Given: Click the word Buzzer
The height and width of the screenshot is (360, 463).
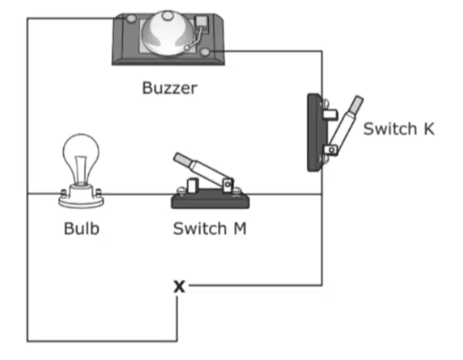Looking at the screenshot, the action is (x=169, y=88).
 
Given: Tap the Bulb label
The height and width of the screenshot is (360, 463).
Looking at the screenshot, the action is (x=81, y=228).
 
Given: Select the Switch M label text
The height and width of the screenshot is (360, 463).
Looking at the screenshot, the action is (x=209, y=228).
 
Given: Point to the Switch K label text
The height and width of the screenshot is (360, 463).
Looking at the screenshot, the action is (x=399, y=129).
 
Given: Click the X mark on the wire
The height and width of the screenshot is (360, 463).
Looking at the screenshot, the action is (x=179, y=286).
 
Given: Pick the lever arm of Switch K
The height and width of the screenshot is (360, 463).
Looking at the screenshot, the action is (x=345, y=124).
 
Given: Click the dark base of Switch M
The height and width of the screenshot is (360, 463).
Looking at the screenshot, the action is (x=210, y=201).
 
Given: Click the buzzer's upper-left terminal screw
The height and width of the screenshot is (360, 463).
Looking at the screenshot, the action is (x=131, y=19).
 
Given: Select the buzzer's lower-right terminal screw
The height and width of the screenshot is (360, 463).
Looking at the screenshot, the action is (x=205, y=52).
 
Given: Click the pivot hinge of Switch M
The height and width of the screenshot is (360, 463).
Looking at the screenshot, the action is (x=227, y=185).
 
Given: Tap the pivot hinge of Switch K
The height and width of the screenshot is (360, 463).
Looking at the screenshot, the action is (x=331, y=150).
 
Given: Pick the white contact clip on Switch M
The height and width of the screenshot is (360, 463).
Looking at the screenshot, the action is (x=192, y=186).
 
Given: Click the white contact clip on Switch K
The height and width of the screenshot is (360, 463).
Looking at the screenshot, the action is (x=330, y=114).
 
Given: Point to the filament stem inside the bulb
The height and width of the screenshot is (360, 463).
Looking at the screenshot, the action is (x=81, y=169).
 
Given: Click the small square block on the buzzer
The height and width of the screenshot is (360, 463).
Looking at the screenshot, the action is (x=202, y=22).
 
